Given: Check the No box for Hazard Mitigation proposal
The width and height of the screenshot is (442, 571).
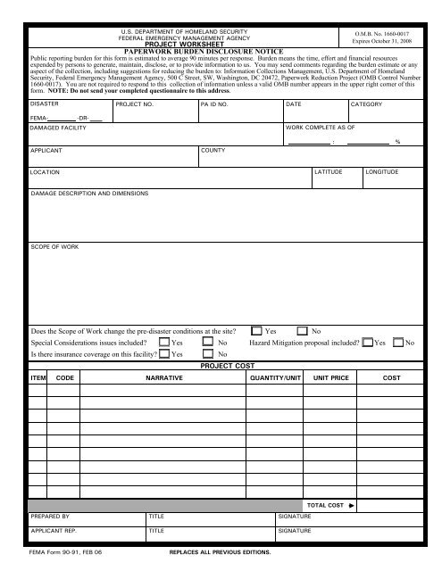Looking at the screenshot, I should pos(397,343).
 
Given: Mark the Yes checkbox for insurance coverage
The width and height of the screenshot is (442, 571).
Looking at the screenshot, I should pos(164,354).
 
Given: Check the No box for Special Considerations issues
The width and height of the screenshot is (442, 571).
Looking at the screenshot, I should pos(208,343).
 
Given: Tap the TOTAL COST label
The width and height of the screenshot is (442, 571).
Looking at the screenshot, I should pos(325,505).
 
